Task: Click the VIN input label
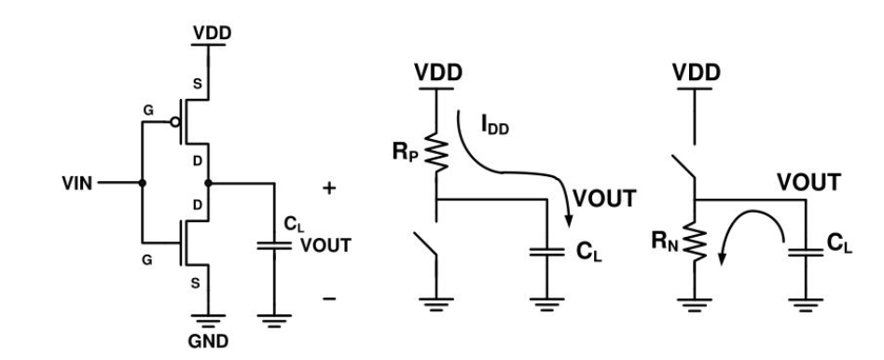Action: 72,183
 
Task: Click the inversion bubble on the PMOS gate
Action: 174,121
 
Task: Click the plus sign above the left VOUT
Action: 327,187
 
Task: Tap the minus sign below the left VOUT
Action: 327,298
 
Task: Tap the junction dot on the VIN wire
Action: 141,183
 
